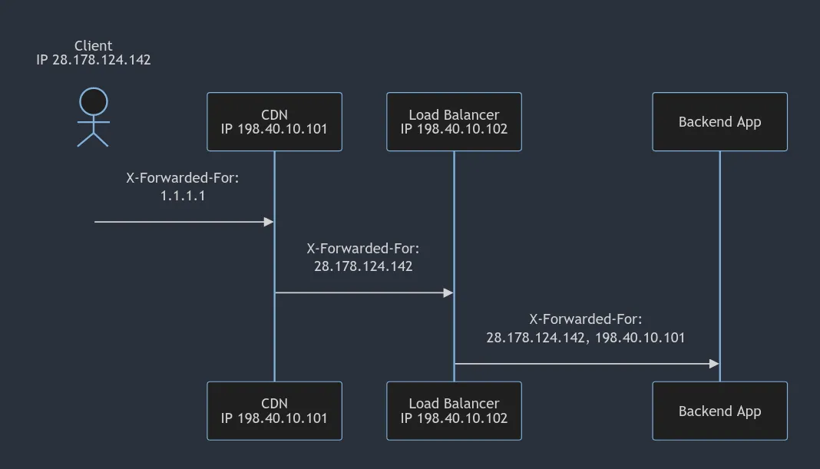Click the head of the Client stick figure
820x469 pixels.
pos(94,101)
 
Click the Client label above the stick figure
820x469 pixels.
pos(94,46)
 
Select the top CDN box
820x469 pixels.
pos(274,121)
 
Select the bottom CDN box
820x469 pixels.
pos(274,411)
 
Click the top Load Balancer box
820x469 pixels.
pos(454,121)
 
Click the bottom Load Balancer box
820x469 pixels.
pos(454,411)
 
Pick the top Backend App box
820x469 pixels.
pos(719,121)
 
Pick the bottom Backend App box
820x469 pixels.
pos(719,411)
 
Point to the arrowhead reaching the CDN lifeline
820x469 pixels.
pos(269,222)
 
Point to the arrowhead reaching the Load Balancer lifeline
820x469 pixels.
pos(448,292)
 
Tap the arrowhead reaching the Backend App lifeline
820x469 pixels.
pos(714,364)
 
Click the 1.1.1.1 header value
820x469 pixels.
pos(183,196)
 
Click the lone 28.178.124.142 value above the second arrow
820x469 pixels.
pos(363,266)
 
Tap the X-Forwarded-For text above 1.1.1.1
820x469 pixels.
pos(183,178)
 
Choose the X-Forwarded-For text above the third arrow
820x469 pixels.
pos(586,319)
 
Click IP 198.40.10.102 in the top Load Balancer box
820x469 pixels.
pos(454,129)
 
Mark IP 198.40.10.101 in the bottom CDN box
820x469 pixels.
pos(274,418)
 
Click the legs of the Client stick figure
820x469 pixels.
pos(94,139)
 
